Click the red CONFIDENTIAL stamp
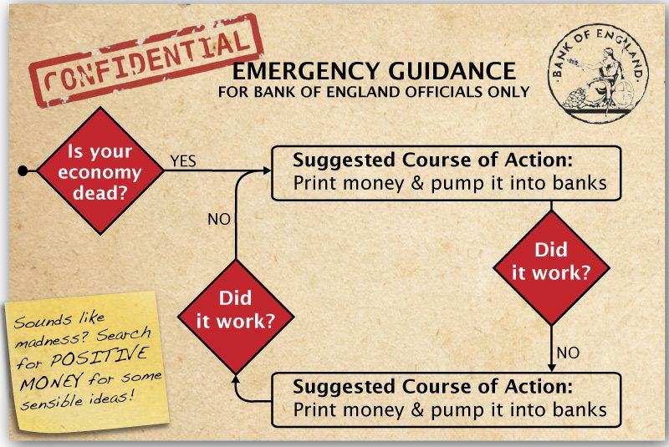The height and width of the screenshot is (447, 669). click(x=146, y=61)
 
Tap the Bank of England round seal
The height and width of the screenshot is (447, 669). click(x=598, y=74)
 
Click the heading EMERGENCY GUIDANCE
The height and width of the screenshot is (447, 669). click(x=374, y=71)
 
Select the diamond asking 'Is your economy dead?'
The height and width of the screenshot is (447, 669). click(x=100, y=170)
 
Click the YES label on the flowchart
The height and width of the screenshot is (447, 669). click(x=183, y=161)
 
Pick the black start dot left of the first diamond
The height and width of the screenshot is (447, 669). click(x=23, y=171)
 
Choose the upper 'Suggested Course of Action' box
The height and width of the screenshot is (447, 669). click(x=447, y=173)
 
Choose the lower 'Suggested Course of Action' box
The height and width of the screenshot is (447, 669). click(x=447, y=399)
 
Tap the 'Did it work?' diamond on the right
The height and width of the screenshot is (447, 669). click(x=551, y=268)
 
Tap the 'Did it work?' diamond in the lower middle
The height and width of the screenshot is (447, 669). click(x=236, y=317)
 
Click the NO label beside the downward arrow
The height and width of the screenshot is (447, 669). click(x=568, y=353)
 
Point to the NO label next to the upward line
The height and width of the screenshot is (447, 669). click(x=219, y=219)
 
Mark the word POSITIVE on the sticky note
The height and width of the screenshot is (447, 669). click(x=99, y=357)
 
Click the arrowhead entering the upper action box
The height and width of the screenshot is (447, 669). click(x=267, y=171)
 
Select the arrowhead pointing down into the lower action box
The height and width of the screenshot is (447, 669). click(x=551, y=368)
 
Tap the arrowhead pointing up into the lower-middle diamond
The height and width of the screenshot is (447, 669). click(x=236, y=380)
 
